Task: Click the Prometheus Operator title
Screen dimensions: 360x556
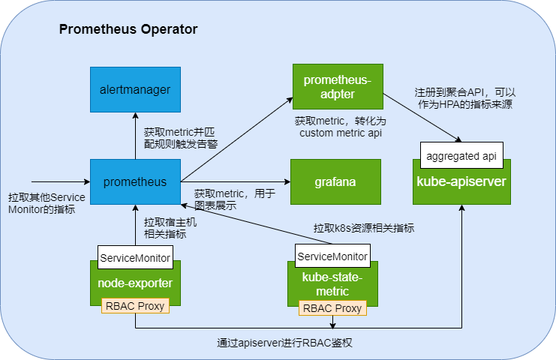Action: [x=128, y=30]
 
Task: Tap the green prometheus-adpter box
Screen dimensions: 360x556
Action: [x=338, y=86]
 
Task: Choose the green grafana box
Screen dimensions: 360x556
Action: [x=335, y=181]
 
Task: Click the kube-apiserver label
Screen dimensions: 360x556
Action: [x=461, y=182]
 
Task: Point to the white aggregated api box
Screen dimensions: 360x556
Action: [x=461, y=156]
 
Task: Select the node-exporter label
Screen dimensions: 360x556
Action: [x=135, y=283]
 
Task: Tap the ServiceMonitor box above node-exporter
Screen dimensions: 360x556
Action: [x=136, y=257]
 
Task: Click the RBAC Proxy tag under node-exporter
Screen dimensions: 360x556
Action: [x=135, y=306]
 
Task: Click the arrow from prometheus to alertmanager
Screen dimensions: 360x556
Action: [x=136, y=135]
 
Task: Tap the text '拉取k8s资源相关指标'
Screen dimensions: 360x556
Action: [x=363, y=227]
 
